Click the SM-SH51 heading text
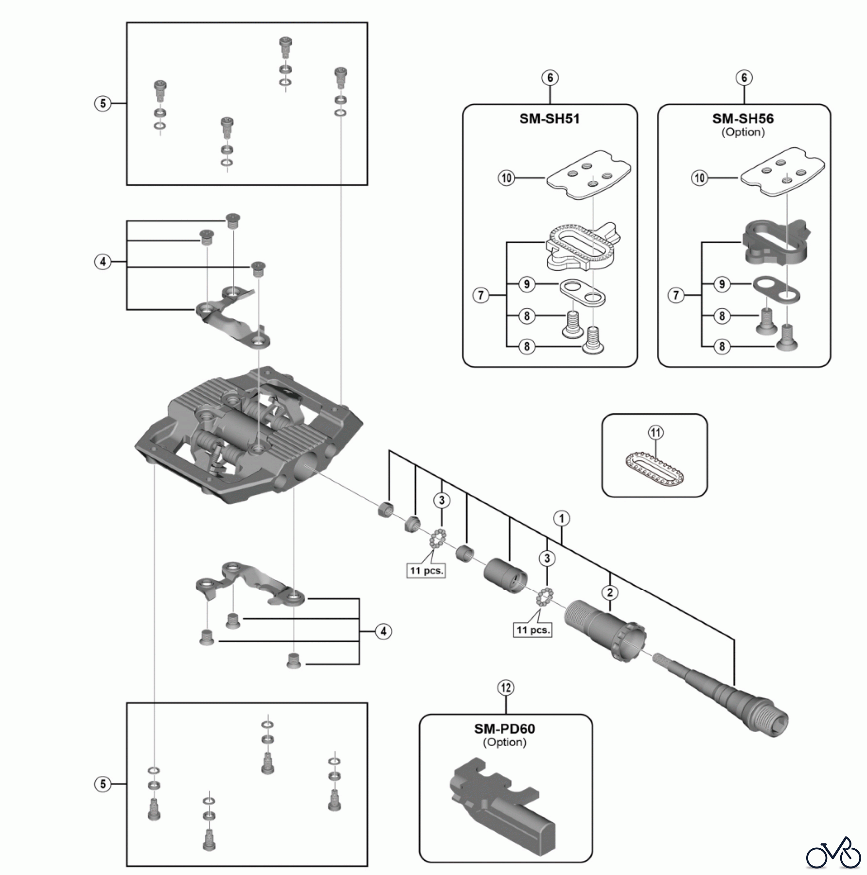(549, 119)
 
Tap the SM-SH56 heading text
(743, 119)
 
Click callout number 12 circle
(506, 688)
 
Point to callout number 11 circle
(656, 432)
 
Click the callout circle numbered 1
(562, 518)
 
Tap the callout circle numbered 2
(610, 593)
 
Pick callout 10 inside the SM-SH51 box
(506, 178)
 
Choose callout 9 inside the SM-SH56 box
(722, 284)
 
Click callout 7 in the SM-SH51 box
(480, 295)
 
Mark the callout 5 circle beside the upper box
(103, 104)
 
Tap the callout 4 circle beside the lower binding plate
(384, 631)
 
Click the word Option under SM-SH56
(743, 132)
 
